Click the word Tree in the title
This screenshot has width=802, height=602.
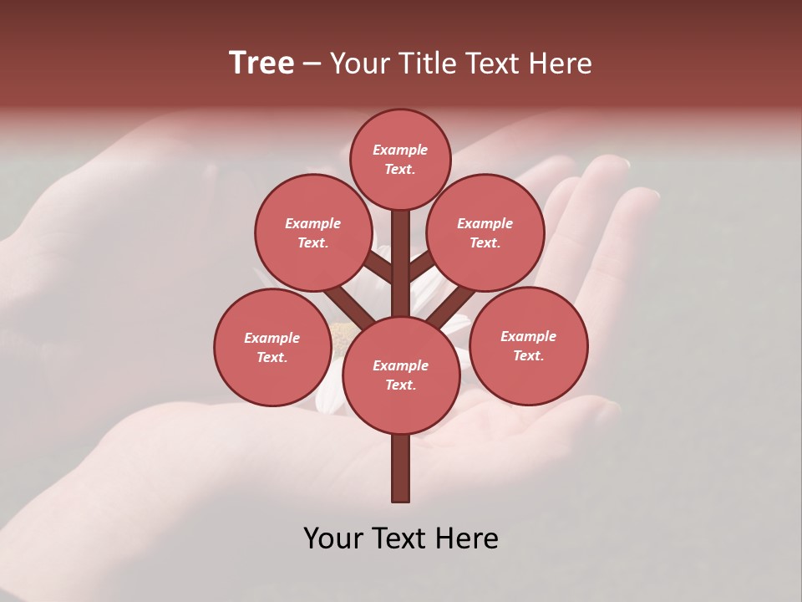pyautogui.click(x=261, y=64)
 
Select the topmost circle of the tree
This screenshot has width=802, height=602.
pyautogui.click(x=400, y=159)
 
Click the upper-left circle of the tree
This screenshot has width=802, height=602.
pyautogui.click(x=312, y=232)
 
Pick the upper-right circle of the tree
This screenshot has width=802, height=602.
pyautogui.click(x=485, y=232)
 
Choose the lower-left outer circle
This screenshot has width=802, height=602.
pyautogui.click(x=272, y=347)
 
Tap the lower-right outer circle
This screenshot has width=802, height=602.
pyautogui.click(x=529, y=345)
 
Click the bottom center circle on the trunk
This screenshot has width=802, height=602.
pyautogui.click(x=401, y=375)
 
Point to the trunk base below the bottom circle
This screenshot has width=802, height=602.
pyautogui.click(x=401, y=468)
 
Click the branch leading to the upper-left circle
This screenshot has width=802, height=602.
pyautogui.click(x=378, y=269)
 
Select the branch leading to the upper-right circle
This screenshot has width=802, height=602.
pyautogui.click(x=422, y=267)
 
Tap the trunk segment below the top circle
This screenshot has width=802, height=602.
pyautogui.click(x=401, y=251)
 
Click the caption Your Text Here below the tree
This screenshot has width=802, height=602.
pyautogui.click(x=401, y=538)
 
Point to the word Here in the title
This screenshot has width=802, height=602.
pyautogui.click(x=561, y=64)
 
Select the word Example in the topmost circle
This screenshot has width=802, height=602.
pyautogui.click(x=400, y=150)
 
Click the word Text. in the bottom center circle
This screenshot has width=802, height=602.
pyautogui.click(x=400, y=385)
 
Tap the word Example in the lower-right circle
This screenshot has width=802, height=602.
pyautogui.click(x=528, y=336)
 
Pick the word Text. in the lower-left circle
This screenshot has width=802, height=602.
pyautogui.click(x=272, y=358)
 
